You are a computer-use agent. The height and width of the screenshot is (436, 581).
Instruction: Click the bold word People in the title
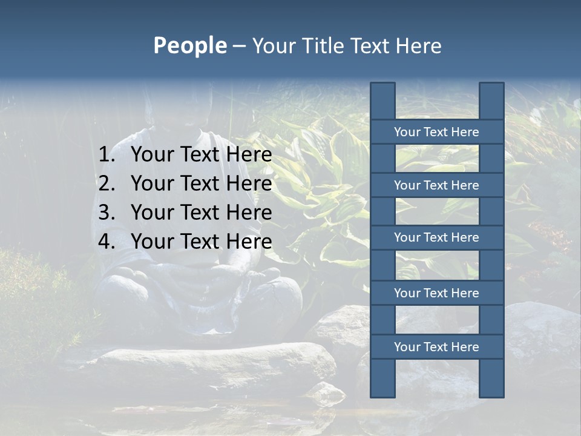[189, 46]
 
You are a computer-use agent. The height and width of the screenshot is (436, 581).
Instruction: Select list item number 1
[185, 155]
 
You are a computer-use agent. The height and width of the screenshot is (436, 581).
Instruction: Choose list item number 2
[185, 183]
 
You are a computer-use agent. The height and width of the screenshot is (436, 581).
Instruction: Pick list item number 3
[185, 213]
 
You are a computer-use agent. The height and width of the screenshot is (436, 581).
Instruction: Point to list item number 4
[185, 242]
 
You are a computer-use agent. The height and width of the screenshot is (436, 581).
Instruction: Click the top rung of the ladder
[436, 132]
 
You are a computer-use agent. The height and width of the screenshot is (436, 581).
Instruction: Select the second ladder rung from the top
[436, 185]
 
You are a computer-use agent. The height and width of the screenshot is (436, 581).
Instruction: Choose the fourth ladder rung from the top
[436, 293]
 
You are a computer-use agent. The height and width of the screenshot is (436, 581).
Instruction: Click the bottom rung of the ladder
[436, 347]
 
